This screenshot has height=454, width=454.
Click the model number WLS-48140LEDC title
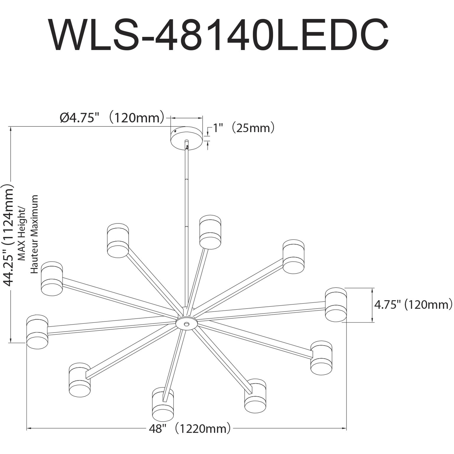pos(219,35)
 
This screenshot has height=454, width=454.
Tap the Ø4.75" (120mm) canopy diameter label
pos(112,118)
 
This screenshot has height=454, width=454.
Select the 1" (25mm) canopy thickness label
pos(244,128)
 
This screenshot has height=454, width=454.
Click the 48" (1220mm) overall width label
pos(189,428)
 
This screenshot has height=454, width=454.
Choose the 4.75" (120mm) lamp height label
pos(413,304)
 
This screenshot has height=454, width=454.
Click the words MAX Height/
pos(22,234)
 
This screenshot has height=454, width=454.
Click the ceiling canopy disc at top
pos(187,137)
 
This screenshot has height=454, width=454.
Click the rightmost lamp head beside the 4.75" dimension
pos(336,304)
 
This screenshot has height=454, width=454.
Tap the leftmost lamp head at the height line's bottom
pos(37,332)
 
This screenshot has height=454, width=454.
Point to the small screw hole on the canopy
pos(175,130)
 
